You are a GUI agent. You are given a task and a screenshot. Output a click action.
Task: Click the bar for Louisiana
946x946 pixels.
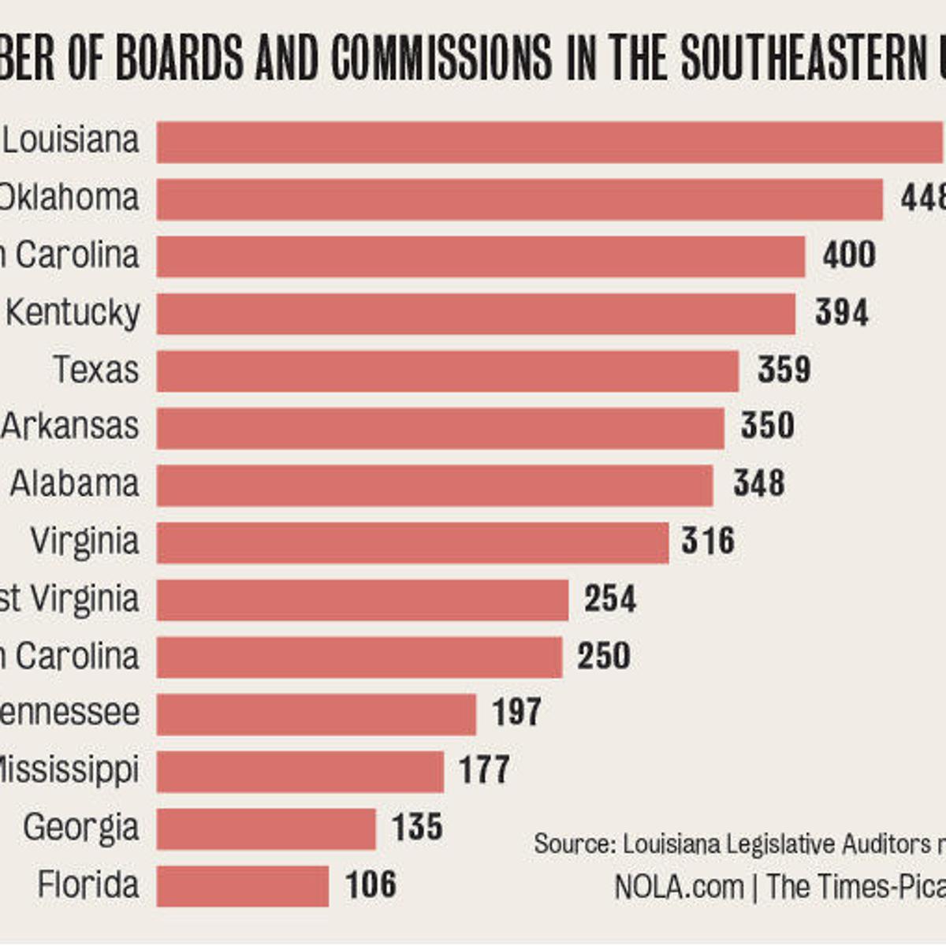pos(550,142)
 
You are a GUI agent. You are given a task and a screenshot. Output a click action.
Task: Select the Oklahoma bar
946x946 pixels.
pos(519,199)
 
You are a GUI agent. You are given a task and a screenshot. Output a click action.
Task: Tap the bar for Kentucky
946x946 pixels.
pos(475,314)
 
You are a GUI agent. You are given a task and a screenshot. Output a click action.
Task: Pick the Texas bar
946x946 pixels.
pos(447,371)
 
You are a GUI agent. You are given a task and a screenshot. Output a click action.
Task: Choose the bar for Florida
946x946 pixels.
pos(242,885)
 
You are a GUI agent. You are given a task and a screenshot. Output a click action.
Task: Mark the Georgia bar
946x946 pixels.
pos(266,829)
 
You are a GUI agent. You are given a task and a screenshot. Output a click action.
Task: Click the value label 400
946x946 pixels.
pos(848,255)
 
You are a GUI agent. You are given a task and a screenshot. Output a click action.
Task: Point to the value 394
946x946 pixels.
pos(841,313)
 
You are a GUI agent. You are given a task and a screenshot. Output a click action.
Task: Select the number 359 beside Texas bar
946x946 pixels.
pos(784,370)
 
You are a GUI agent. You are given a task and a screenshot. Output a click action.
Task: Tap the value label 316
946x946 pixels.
pos(708,541)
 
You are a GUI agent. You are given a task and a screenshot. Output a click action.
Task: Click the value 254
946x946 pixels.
pos(609,599)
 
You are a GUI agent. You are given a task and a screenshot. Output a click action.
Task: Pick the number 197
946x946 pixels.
pos(516,713)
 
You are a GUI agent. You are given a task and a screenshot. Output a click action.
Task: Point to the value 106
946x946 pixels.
pos(371,885)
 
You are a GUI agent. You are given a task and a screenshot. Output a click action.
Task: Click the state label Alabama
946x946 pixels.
pos(75,483)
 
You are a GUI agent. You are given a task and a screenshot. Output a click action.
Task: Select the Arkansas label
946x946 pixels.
pos(70,426)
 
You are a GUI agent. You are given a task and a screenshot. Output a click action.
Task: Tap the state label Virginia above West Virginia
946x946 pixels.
pos(84,541)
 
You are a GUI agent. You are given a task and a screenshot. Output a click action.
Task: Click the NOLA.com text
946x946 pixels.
pos(679,887)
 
